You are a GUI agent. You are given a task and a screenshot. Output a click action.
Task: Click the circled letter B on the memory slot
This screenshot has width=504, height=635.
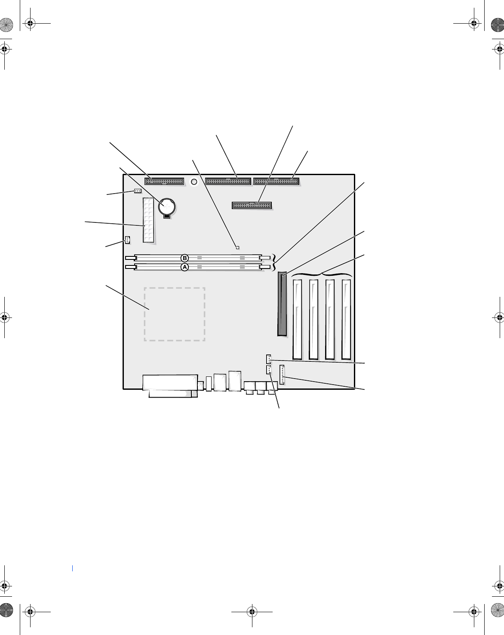click(x=184, y=258)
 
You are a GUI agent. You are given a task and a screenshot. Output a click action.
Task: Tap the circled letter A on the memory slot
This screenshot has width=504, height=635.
click(x=184, y=267)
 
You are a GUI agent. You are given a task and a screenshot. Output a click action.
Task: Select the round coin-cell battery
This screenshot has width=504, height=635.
click(x=167, y=207)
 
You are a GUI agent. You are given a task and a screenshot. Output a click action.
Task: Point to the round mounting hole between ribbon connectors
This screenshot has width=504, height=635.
click(x=194, y=182)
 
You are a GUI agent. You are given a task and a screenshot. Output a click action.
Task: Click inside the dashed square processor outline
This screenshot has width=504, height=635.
click(x=175, y=314)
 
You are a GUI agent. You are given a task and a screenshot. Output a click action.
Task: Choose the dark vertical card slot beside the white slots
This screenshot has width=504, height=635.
click(x=282, y=304)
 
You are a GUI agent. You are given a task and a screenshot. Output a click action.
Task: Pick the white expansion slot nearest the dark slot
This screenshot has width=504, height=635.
click(x=297, y=320)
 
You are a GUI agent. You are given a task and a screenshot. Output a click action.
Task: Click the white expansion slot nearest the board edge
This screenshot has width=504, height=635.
click(x=346, y=320)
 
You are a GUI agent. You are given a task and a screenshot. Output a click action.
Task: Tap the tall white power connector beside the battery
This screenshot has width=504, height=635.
click(x=148, y=220)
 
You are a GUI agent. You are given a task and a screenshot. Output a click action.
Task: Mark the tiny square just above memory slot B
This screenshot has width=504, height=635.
click(x=238, y=247)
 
